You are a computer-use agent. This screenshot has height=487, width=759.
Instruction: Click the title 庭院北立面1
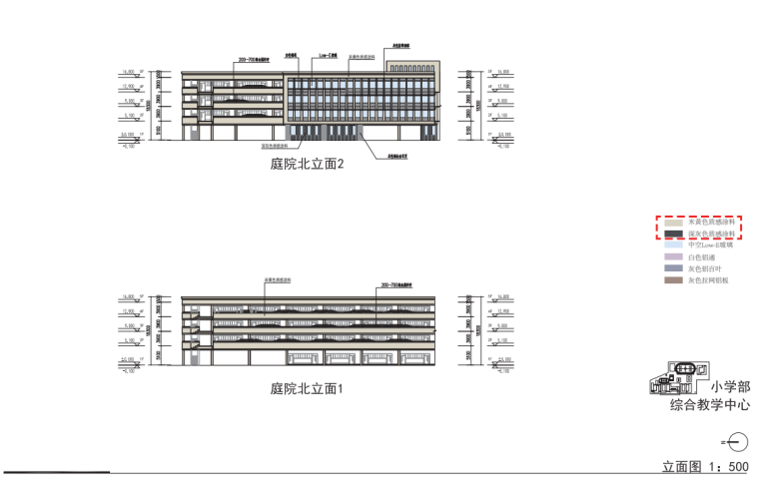click(x=307, y=388)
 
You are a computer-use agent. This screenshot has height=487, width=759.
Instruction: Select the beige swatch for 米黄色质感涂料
click(x=672, y=223)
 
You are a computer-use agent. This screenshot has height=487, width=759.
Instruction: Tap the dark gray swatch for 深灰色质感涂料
click(x=672, y=234)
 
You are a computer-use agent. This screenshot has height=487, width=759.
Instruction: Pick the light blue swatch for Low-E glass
click(x=672, y=244)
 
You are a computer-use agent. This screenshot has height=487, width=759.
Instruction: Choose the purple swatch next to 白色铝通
click(x=672, y=257)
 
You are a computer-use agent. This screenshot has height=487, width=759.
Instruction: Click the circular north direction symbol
click(x=738, y=440)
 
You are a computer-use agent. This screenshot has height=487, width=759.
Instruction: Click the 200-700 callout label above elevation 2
click(x=254, y=60)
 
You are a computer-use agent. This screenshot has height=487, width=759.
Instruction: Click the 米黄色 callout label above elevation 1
click(x=277, y=280)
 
